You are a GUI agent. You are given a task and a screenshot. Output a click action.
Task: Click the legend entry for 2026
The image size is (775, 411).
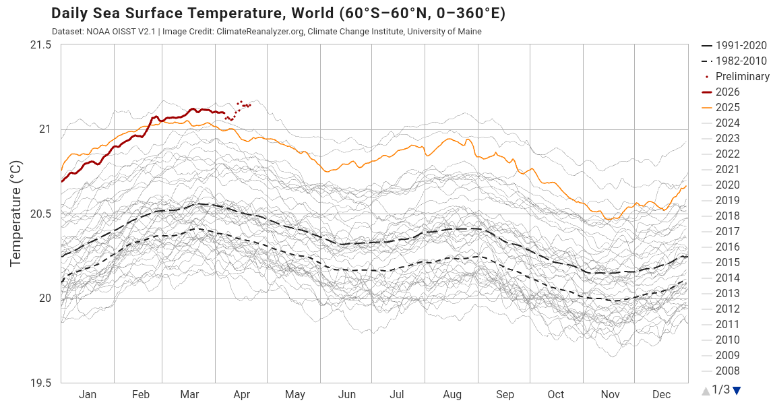click(x=727, y=92)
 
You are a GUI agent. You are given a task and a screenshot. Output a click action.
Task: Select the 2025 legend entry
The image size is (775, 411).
click(x=727, y=107)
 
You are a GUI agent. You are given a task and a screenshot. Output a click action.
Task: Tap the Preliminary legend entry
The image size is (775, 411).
click(x=742, y=76)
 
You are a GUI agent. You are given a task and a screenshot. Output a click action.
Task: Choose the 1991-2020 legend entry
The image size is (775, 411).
click(x=741, y=45)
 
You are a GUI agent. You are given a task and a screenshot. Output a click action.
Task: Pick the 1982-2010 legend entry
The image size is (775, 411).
click(x=741, y=61)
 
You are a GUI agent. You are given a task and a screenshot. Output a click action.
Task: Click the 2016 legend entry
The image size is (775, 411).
click(x=727, y=247)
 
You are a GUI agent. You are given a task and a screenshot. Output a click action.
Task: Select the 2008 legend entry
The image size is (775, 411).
click(x=727, y=371)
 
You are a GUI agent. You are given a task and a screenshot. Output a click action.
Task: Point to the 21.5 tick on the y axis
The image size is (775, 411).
click(x=40, y=44)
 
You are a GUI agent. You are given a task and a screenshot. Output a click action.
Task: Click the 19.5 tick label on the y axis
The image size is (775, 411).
click(x=40, y=383)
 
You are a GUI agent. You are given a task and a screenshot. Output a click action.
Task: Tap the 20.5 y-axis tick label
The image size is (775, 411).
click(x=40, y=214)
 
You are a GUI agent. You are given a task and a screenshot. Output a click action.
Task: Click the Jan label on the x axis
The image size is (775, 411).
click(x=88, y=395)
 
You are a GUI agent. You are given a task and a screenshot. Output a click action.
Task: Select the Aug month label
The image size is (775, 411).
click(x=452, y=395)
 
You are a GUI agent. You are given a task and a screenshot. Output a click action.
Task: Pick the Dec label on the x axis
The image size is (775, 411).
click(x=661, y=395)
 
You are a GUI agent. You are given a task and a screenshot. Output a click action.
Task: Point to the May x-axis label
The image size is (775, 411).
click(x=294, y=395)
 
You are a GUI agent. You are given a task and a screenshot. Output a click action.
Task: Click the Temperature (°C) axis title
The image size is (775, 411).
click(x=17, y=214)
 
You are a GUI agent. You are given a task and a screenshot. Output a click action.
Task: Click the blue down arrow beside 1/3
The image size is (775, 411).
click(x=737, y=390)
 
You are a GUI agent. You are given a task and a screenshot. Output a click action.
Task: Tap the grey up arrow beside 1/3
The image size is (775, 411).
click(x=706, y=390)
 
